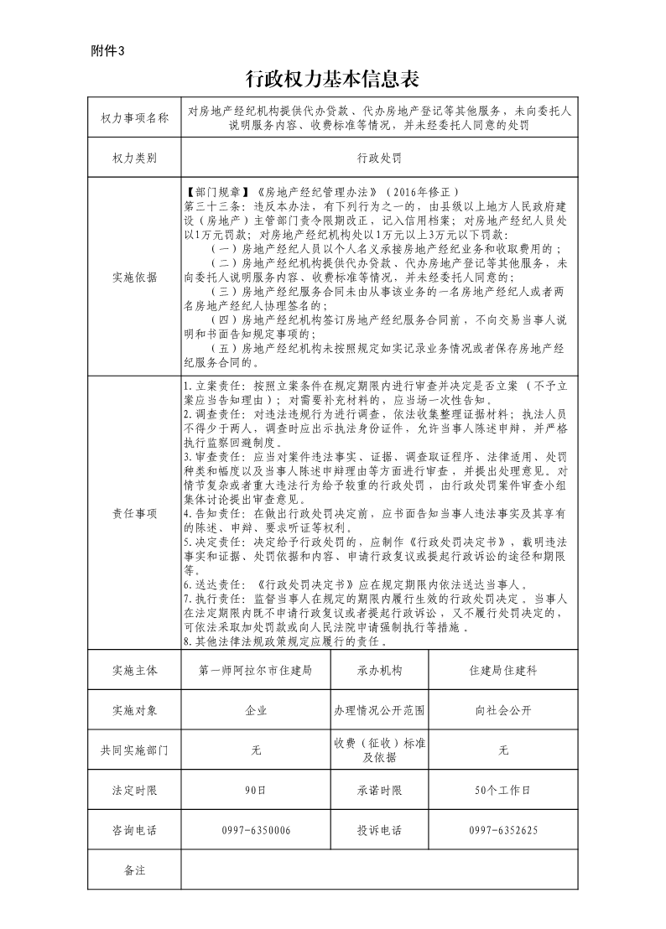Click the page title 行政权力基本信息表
[x=332, y=79]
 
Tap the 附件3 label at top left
[x=107, y=51]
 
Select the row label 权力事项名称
[x=134, y=118]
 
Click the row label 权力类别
[x=134, y=158]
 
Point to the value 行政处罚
[x=379, y=158]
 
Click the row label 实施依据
[x=134, y=277]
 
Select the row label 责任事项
[x=134, y=513]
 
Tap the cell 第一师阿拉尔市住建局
[x=256, y=671]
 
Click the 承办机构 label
[x=379, y=671]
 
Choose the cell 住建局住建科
[x=503, y=671]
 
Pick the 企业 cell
[x=256, y=710]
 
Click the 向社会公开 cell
[x=503, y=710]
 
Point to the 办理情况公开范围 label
[x=379, y=710]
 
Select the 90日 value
[x=256, y=790]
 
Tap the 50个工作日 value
[x=503, y=790]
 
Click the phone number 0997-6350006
[x=256, y=830]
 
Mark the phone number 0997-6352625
[x=503, y=830]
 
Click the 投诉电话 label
[x=379, y=830]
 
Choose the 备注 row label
[x=134, y=870]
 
